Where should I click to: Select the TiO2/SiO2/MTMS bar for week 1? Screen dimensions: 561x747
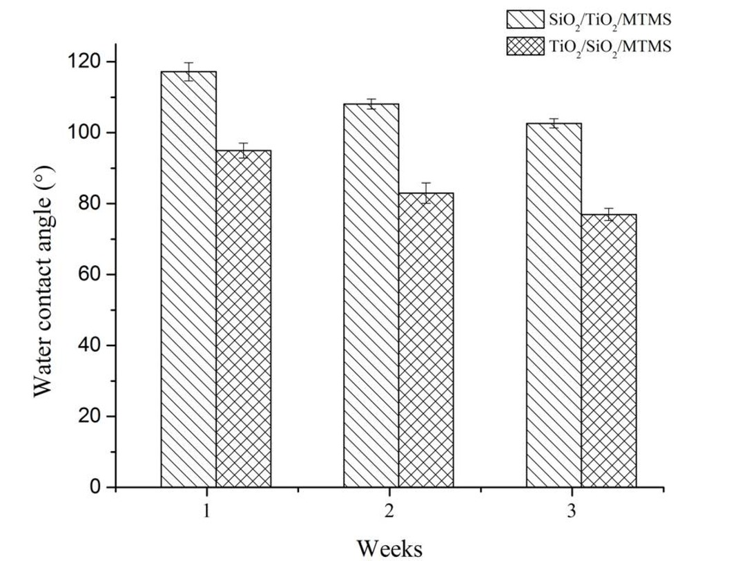tap(243, 318)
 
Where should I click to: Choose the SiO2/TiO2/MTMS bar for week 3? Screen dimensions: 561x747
tap(554, 305)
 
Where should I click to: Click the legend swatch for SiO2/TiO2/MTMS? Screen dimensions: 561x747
tap(525, 19)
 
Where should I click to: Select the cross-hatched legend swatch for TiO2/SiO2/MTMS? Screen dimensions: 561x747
tap(525, 46)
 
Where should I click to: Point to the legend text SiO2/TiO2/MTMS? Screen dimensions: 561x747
tap(610, 19)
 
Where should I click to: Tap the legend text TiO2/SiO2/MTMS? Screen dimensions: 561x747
tap(610, 47)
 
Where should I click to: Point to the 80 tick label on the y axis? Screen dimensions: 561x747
tap(90, 204)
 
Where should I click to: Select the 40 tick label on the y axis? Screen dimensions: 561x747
tap(90, 345)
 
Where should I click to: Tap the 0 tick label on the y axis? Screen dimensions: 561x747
tap(95, 488)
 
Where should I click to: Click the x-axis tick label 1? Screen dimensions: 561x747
tap(206, 512)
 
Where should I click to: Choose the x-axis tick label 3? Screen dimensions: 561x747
tap(572, 512)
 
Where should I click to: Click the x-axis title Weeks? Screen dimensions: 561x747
tap(389, 547)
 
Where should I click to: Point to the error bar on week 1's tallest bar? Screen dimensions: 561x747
tap(188, 72)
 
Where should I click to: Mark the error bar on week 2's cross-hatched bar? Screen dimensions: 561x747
tap(426, 193)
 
